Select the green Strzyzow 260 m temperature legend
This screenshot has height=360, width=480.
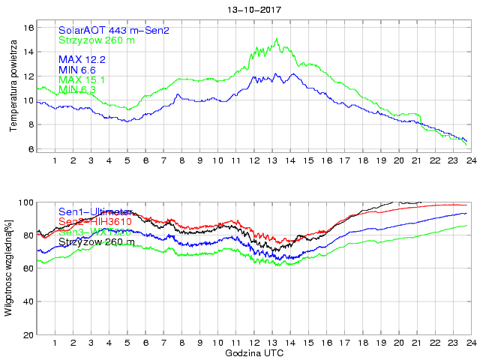click(x=97, y=40)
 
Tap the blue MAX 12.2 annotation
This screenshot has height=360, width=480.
click(x=82, y=59)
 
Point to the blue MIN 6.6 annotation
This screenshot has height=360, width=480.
click(x=79, y=70)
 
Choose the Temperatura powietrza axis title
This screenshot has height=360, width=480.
click(x=13, y=88)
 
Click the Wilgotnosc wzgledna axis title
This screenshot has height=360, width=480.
click(x=8, y=267)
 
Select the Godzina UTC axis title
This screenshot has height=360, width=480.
click(x=254, y=352)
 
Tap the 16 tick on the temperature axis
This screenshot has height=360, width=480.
click(x=30, y=27)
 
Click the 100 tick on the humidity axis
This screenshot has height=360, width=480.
click(x=27, y=202)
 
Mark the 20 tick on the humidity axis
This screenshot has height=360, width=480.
click(x=29, y=334)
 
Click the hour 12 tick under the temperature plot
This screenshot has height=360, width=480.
click(x=255, y=160)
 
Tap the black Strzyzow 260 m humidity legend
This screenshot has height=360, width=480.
click(x=97, y=241)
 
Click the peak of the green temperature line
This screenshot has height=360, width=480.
click(x=277, y=39)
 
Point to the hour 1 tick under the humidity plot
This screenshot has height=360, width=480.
click(x=55, y=344)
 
